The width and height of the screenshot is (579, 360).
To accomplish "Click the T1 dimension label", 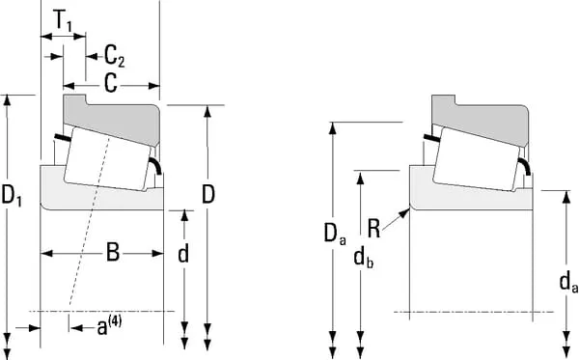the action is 63,20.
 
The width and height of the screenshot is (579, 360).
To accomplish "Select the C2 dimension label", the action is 114,56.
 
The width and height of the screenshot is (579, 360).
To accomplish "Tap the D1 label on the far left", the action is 12,195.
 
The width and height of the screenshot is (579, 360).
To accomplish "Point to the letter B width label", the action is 113,253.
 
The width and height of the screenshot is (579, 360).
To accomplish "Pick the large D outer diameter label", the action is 208,194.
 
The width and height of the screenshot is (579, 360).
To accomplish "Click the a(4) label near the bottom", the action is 109,326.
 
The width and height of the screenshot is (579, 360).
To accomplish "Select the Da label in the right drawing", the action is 335,234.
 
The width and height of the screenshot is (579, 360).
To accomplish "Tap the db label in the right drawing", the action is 364,258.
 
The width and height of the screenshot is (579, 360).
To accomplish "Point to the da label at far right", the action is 569,283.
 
